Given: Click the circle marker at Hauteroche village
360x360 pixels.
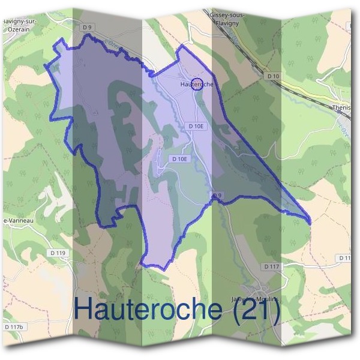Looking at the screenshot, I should [196, 83].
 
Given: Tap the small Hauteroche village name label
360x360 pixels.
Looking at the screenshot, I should [196, 85].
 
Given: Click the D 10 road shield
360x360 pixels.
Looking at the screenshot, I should [273, 76].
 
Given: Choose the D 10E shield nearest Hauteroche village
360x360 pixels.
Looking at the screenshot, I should [196, 126].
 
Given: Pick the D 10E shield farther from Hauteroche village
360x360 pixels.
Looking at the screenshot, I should [179, 159].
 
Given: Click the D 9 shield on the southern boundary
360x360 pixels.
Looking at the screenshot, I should [217, 195].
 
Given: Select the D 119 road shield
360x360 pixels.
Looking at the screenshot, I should [58, 253].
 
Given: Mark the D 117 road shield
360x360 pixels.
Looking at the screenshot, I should [271, 265].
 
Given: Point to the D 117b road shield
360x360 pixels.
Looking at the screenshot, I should [13, 327].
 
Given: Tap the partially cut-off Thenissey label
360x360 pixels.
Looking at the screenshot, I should [343, 108].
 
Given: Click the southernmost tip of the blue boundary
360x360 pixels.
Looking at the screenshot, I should [143, 264].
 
